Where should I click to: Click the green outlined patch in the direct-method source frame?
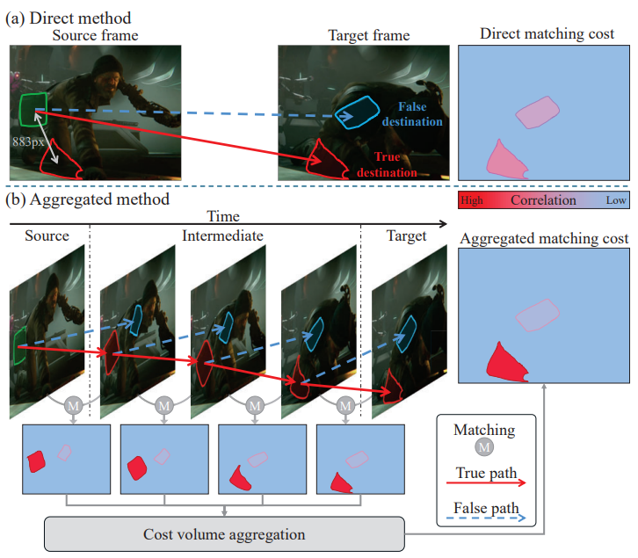coord(33,111)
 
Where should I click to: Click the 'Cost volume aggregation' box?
coord(223,534)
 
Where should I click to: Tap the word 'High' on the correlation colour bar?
coord(472,200)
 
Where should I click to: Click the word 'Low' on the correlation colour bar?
coord(617,200)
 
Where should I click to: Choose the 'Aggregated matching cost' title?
coord(544,238)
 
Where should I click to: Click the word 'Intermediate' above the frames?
coord(222,236)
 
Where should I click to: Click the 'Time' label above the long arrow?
coord(221,215)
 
